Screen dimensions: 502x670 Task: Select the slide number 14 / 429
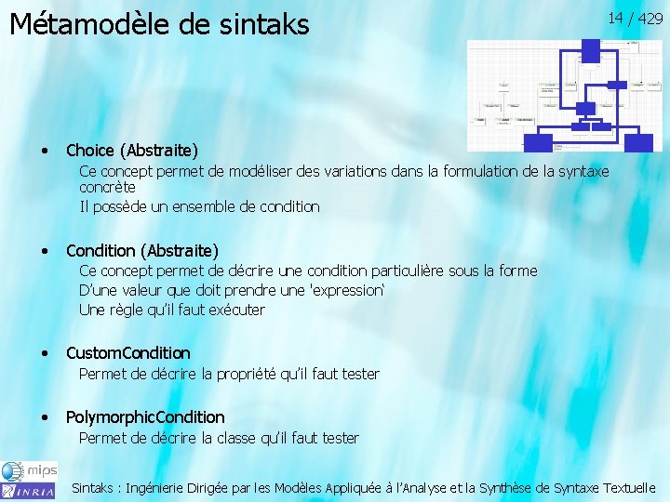pos(635,18)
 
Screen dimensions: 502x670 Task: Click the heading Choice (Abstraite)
pos(131,150)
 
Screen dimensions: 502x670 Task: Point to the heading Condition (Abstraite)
pos(142,251)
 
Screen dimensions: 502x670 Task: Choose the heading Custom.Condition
pos(128,352)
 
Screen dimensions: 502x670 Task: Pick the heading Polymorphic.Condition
pos(145,416)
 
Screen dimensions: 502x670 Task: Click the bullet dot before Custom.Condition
pos(45,353)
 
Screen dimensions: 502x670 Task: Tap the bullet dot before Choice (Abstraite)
pos(45,151)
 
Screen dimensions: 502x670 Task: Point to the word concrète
pos(107,187)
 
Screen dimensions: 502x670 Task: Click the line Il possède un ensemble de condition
pos(199,206)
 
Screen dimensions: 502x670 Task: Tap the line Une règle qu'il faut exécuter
pos(172,310)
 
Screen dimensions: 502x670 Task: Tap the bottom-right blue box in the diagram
pos(638,142)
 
